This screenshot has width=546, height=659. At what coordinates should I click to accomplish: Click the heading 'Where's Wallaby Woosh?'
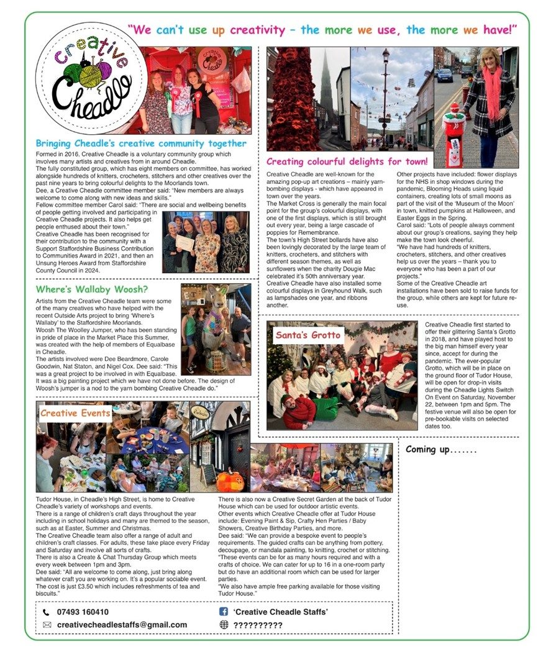coord(92,289)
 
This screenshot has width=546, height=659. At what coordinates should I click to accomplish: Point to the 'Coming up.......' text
coord(442,450)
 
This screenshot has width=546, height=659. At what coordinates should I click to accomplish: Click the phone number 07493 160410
coord(83,612)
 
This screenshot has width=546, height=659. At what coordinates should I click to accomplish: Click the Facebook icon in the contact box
coord(224,612)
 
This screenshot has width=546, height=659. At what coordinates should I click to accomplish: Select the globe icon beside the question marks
coord(224,625)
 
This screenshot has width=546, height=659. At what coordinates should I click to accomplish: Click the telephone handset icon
coord(47,612)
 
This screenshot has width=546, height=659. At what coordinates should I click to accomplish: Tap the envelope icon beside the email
coord(47,625)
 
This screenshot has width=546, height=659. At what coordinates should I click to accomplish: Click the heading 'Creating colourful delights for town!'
coord(347,162)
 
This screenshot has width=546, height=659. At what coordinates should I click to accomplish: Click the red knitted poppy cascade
coord(293,99)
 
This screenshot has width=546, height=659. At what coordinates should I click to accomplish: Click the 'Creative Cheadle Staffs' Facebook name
coord(281,612)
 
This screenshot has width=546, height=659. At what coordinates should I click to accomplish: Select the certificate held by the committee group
coord(185,242)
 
